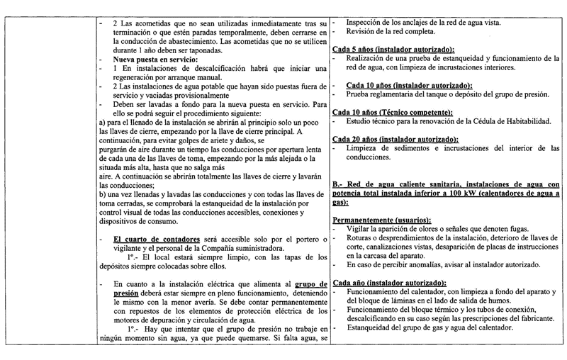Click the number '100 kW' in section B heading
coord(468,192)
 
